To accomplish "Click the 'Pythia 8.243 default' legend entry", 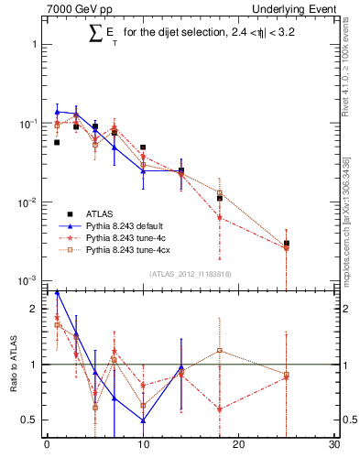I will pyautogui.click(x=128, y=224).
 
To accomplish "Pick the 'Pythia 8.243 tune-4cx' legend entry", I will pyautogui.click(x=131, y=248).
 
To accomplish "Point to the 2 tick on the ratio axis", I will pyautogui.click(x=35, y=310).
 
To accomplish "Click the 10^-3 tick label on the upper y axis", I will pyautogui.click(x=29, y=280).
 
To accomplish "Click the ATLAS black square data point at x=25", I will pyautogui.click(x=287, y=244).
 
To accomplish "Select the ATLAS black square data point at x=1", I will pyautogui.click(x=57, y=143).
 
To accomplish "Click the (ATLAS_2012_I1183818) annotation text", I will pyautogui.click(x=189, y=274).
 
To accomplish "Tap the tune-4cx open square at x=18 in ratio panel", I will pyautogui.click(x=220, y=351).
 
